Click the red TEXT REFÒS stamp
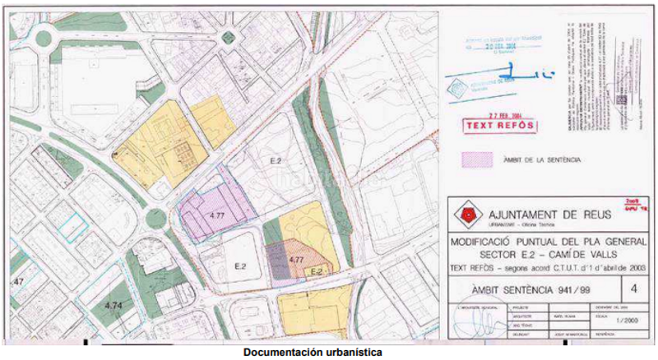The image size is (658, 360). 499,126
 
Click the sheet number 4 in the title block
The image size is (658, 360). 633,288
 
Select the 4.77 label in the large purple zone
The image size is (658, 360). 217,215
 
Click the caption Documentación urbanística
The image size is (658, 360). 313,353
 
